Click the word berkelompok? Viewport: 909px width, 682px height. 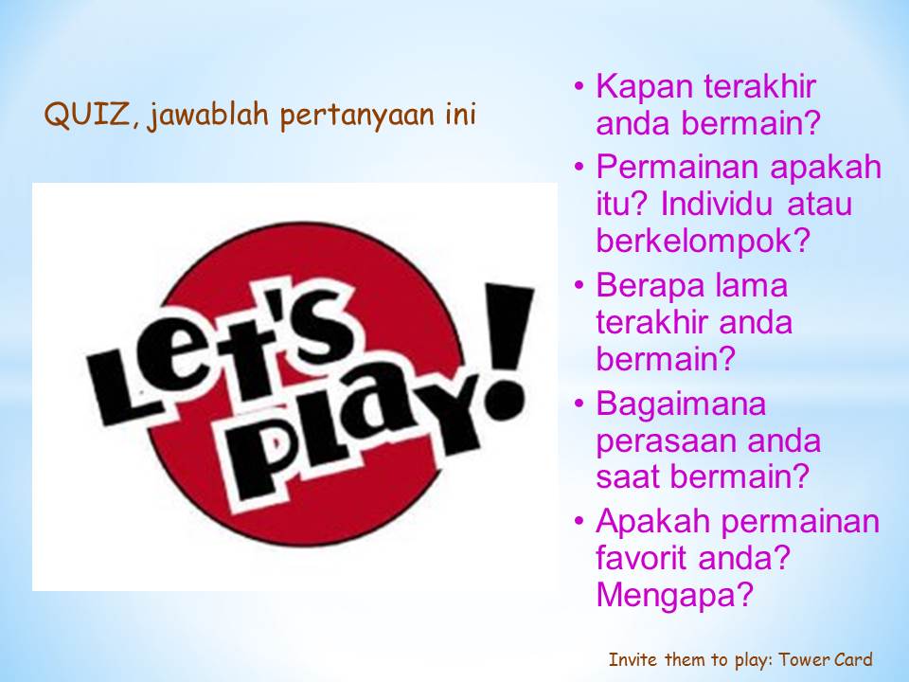coord(703,240)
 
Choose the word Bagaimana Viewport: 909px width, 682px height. coord(681,404)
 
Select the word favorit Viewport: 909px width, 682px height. coord(642,557)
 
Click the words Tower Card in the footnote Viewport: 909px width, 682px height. coord(825,660)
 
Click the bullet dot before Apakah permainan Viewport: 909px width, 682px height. coord(579,520)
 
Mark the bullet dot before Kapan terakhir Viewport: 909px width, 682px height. coord(579,87)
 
